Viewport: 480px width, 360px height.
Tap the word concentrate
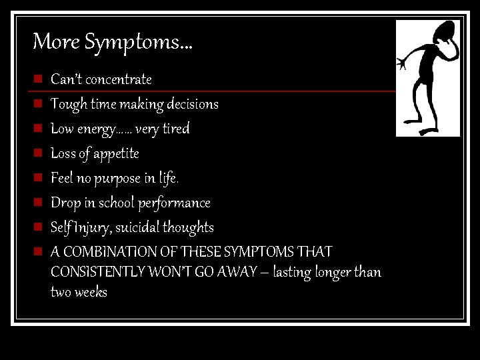tap(119, 79)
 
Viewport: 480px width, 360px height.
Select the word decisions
tap(193, 104)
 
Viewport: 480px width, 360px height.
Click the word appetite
tap(116, 154)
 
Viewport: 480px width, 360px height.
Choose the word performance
tap(174, 203)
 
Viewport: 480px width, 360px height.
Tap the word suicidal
tap(144, 228)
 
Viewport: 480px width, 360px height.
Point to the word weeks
tap(91, 293)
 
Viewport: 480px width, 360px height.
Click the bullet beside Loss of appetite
tap(39, 153)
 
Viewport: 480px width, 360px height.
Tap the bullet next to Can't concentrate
tap(39, 79)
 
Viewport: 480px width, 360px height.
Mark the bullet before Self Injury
tap(39, 227)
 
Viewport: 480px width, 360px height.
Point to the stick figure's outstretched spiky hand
tap(402, 64)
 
